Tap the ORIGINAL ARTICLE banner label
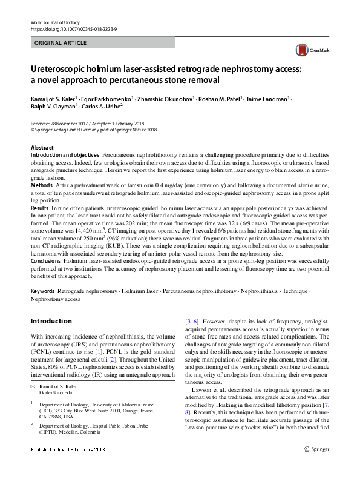click(x=61, y=43)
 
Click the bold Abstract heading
click(x=42, y=148)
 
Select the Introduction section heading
click(x=51, y=321)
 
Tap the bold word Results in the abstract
click(x=40, y=208)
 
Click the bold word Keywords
click(x=43, y=291)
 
